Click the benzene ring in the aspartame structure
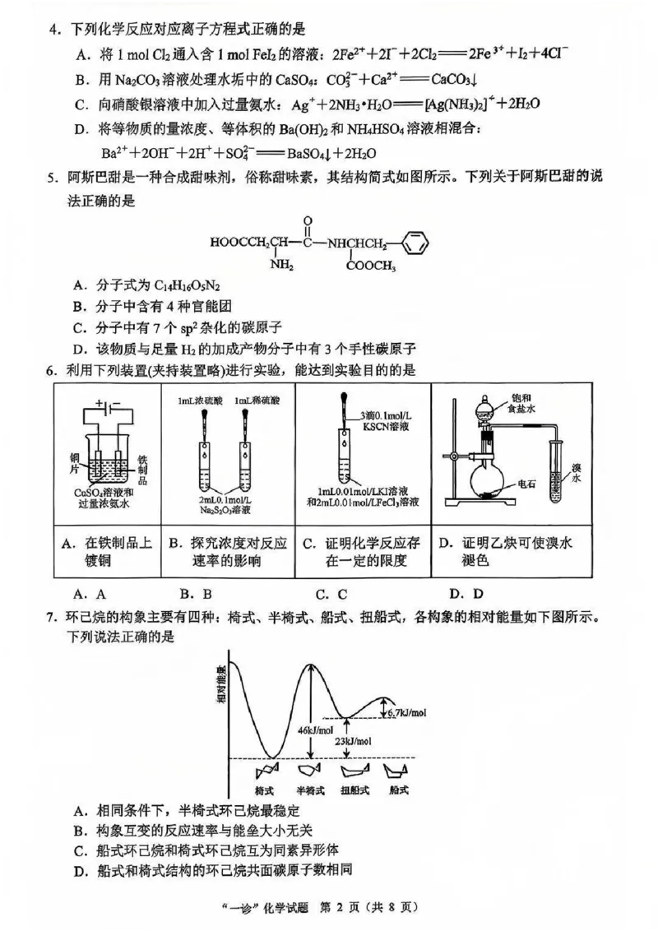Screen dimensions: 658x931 417,243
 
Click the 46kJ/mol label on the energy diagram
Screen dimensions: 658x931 316,730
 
